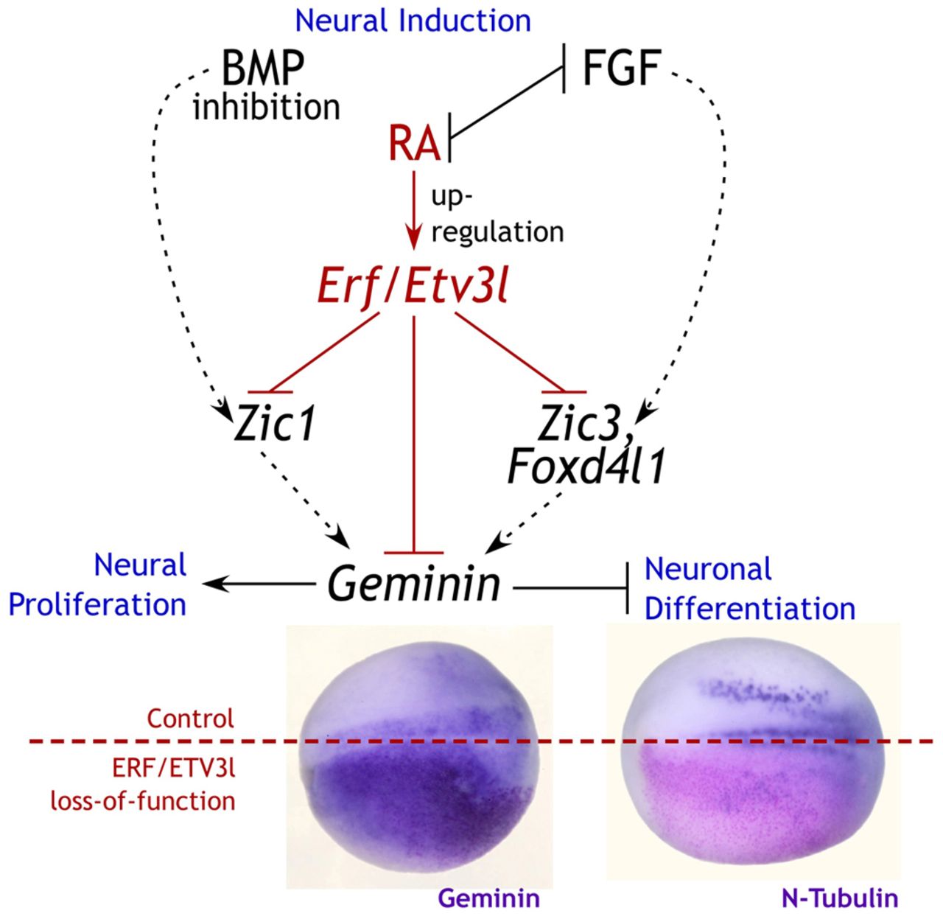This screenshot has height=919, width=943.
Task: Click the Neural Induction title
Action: coord(413,20)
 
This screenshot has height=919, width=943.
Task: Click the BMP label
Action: coord(262,70)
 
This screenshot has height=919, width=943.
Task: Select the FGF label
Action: coord(620,70)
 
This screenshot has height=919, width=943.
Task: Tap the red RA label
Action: coord(414,144)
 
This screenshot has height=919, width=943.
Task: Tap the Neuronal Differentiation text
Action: coord(749,589)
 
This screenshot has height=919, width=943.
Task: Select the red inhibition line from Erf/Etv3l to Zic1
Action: coord(324,352)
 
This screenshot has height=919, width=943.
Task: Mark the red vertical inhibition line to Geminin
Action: coord(414,435)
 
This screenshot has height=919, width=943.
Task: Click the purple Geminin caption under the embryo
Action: coord(488,898)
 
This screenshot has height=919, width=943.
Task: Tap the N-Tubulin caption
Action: coord(838,898)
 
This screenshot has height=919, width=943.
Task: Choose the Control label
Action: coord(190,718)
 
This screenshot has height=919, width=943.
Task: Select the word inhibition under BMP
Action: coord(267,108)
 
